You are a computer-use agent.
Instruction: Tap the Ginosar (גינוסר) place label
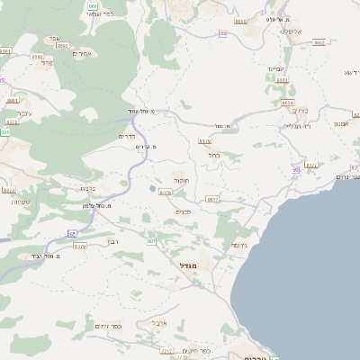coord(238,245)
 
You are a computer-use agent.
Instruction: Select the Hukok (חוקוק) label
coord(180,181)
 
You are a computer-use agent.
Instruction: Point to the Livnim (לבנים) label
coord(183,211)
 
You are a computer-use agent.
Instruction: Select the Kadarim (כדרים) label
coord(126,136)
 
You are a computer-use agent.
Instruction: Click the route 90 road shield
coord(295,169)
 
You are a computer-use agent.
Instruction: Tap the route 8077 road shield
coord(212,200)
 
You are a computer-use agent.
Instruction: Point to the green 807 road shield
coord(151,240)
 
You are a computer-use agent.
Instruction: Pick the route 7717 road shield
coord(166,350)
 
